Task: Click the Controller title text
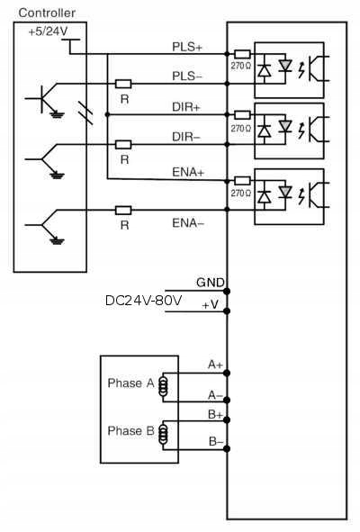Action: [47, 13]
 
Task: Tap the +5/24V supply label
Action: [48, 32]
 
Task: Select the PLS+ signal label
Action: [187, 47]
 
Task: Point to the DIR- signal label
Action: [186, 137]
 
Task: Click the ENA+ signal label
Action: [188, 172]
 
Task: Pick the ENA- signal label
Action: [188, 223]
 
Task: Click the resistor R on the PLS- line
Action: [123, 84]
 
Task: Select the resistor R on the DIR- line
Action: [123, 145]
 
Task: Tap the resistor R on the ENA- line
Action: [123, 211]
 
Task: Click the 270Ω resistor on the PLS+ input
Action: [242, 54]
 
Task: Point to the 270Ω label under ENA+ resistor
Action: [241, 194]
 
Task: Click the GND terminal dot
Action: [227, 291]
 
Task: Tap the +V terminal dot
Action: [227, 311]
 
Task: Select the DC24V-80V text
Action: [143, 301]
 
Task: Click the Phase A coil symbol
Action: [164, 386]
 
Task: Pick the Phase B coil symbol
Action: [164, 434]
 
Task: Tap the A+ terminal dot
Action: [227, 374]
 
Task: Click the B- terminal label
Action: [216, 441]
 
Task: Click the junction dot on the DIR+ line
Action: [107, 114]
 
